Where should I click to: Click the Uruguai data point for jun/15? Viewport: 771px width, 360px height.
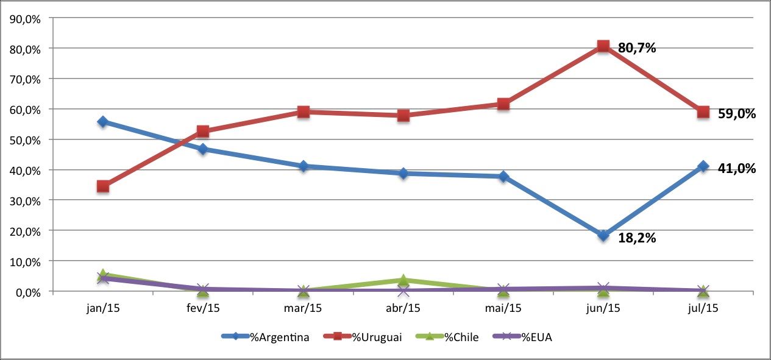tap(603, 46)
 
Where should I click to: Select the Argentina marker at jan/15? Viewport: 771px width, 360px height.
tap(103, 122)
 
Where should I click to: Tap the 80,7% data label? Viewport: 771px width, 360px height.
tap(637, 48)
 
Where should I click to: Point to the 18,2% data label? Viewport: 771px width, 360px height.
tap(637, 238)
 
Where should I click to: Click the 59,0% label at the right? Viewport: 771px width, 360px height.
tap(737, 113)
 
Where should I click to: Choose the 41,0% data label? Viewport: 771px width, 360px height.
tap(737, 169)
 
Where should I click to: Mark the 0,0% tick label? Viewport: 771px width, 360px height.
tap(28, 292)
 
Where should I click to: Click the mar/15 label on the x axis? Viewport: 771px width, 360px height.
tap(303, 308)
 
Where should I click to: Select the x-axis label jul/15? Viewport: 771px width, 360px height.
tap(703, 308)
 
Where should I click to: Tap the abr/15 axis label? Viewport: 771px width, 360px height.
tap(403, 308)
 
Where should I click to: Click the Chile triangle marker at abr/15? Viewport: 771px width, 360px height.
tap(403, 280)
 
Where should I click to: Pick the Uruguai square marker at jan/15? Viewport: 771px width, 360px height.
tap(103, 186)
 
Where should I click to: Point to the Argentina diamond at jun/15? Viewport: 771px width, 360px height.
tap(603, 236)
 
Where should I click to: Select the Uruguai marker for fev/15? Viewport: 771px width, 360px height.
tap(203, 131)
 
